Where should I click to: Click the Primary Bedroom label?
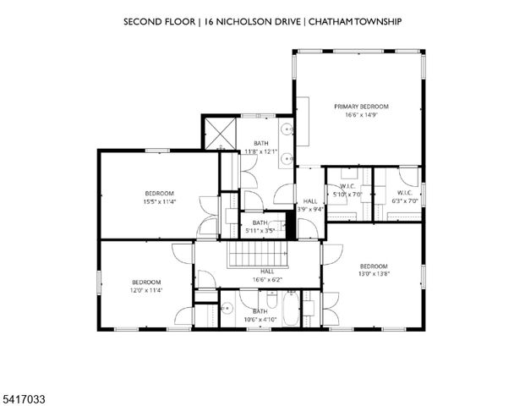pyautogui.click(x=361, y=106)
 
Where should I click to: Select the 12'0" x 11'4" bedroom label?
pyautogui.click(x=145, y=286)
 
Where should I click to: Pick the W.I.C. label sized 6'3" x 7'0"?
pyautogui.click(x=403, y=196)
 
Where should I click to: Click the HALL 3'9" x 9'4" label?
pyautogui.click(x=309, y=205)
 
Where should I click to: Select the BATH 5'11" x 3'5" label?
pyautogui.click(x=259, y=226)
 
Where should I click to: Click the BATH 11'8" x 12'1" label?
pyautogui.click(x=260, y=147)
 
